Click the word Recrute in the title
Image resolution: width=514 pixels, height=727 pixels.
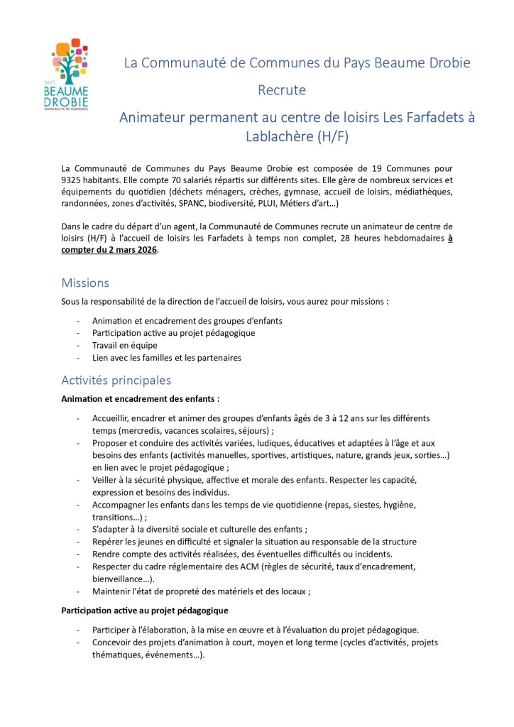281,90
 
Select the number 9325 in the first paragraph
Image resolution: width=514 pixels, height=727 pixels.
73,180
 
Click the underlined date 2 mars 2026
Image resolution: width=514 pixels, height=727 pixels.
126,249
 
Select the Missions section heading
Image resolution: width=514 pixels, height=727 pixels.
85,283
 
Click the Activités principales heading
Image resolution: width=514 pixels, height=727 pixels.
116,381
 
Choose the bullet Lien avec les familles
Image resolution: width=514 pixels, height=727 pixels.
166,358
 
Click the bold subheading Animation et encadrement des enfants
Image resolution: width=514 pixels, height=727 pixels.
141,398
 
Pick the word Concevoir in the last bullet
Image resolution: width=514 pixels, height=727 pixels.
113,643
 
